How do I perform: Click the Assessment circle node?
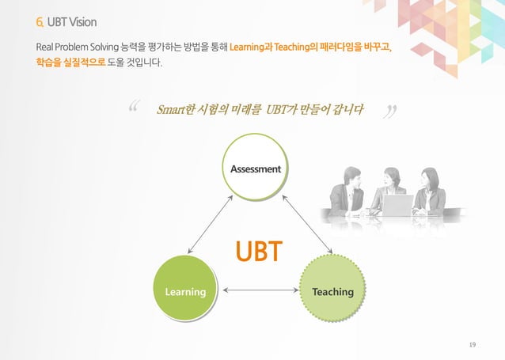click(x=255, y=169)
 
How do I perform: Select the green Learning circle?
click(x=184, y=291)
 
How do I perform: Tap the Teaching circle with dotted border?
click(x=332, y=291)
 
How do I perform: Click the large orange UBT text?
click(x=257, y=252)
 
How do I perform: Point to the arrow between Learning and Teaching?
click(x=258, y=291)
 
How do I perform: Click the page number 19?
click(x=473, y=344)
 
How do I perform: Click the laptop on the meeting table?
click(x=397, y=205)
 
